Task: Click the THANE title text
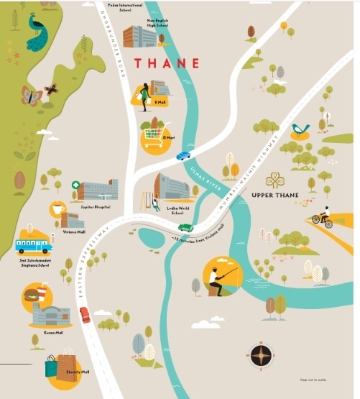click(x=165, y=63)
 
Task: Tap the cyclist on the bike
click(x=323, y=217)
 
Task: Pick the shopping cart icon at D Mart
click(x=153, y=134)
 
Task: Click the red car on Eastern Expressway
click(x=85, y=314)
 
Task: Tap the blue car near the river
click(x=183, y=155)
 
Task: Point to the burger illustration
click(x=34, y=294)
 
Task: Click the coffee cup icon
click(x=57, y=209)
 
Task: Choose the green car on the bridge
click(x=186, y=228)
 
